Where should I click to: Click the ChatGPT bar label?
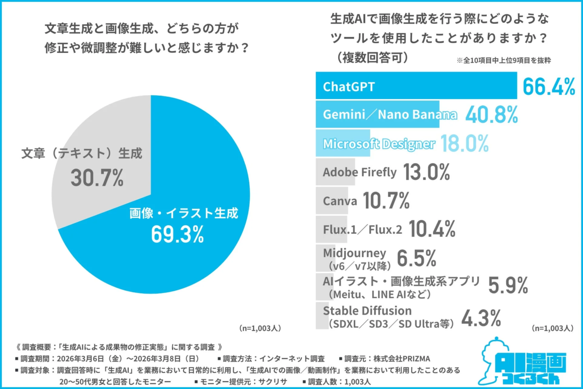(x=349, y=87)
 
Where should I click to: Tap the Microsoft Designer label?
(x=378, y=143)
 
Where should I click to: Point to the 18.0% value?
(x=464, y=144)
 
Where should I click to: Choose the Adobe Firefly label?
(x=360, y=172)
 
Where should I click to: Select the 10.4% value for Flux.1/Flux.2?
(x=431, y=229)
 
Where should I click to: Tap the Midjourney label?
(x=354, y=252)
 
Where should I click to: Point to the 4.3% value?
(x=480, y=318)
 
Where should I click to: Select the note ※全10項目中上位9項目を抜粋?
(x=502, y=61)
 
